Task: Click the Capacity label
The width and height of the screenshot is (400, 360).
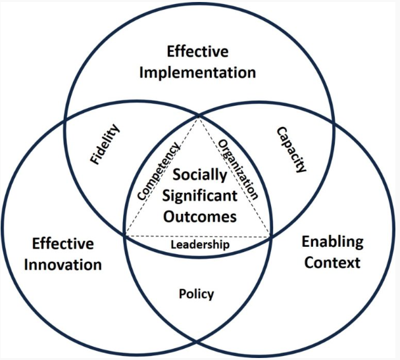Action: (290, 149)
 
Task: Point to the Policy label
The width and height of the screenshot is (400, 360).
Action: (196, 294)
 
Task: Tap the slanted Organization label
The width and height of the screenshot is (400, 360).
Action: (237, 170)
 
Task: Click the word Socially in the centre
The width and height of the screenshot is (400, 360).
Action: (199, 176)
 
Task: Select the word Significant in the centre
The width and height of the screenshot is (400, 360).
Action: (199, 195)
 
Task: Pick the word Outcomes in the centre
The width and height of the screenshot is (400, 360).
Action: (199, 215)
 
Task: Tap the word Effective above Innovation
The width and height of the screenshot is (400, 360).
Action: (64, 244)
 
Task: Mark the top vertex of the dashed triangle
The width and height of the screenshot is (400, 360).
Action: (199, 117)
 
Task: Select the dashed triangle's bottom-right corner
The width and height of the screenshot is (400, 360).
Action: (270, 234)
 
